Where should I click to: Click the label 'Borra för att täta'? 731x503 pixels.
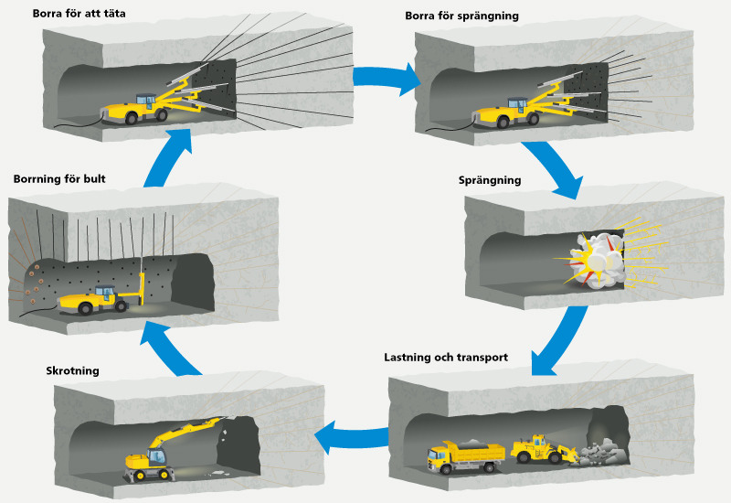pos(79,14)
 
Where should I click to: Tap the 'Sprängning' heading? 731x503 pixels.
pos(489,180)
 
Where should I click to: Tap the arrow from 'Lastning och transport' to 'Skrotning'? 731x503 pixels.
pos(352,437)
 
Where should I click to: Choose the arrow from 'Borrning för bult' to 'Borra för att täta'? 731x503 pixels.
pos(174,155)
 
